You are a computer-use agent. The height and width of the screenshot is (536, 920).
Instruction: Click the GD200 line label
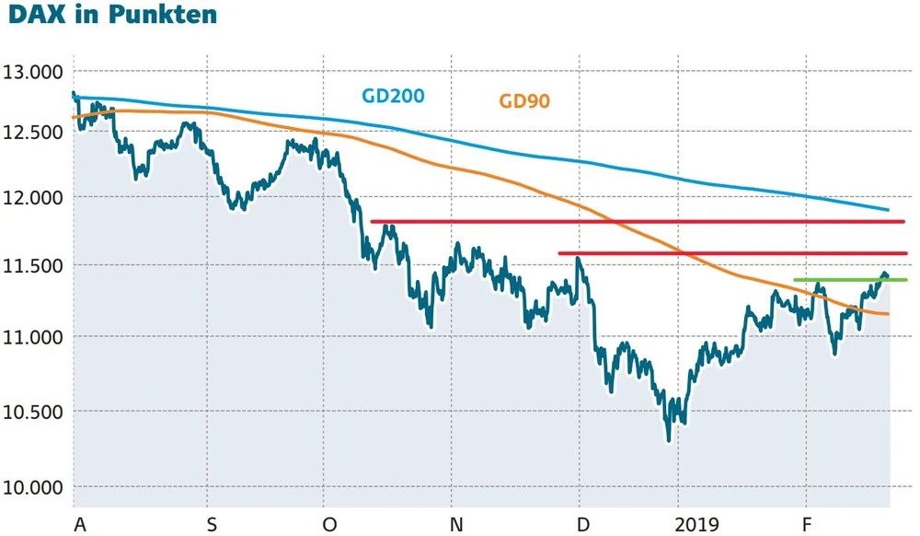pyautogui.click(x=391, y=95)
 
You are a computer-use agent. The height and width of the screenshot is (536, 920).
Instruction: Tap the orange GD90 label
pyautogui.click(x=524, y=101)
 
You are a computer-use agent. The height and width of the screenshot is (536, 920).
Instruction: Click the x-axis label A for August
pyautogui.click(x=80, y=524)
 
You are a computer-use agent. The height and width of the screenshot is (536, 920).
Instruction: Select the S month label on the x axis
pyautogui.click(x=212, y=524)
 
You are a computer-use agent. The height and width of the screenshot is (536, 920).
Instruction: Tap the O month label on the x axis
pyautogui.click(x=329, y=524)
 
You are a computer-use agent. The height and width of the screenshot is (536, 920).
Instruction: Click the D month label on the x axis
pyautogui.click(x=582, y=524)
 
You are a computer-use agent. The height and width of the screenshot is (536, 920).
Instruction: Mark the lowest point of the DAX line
pyautogui.click(x=669, y=440)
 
